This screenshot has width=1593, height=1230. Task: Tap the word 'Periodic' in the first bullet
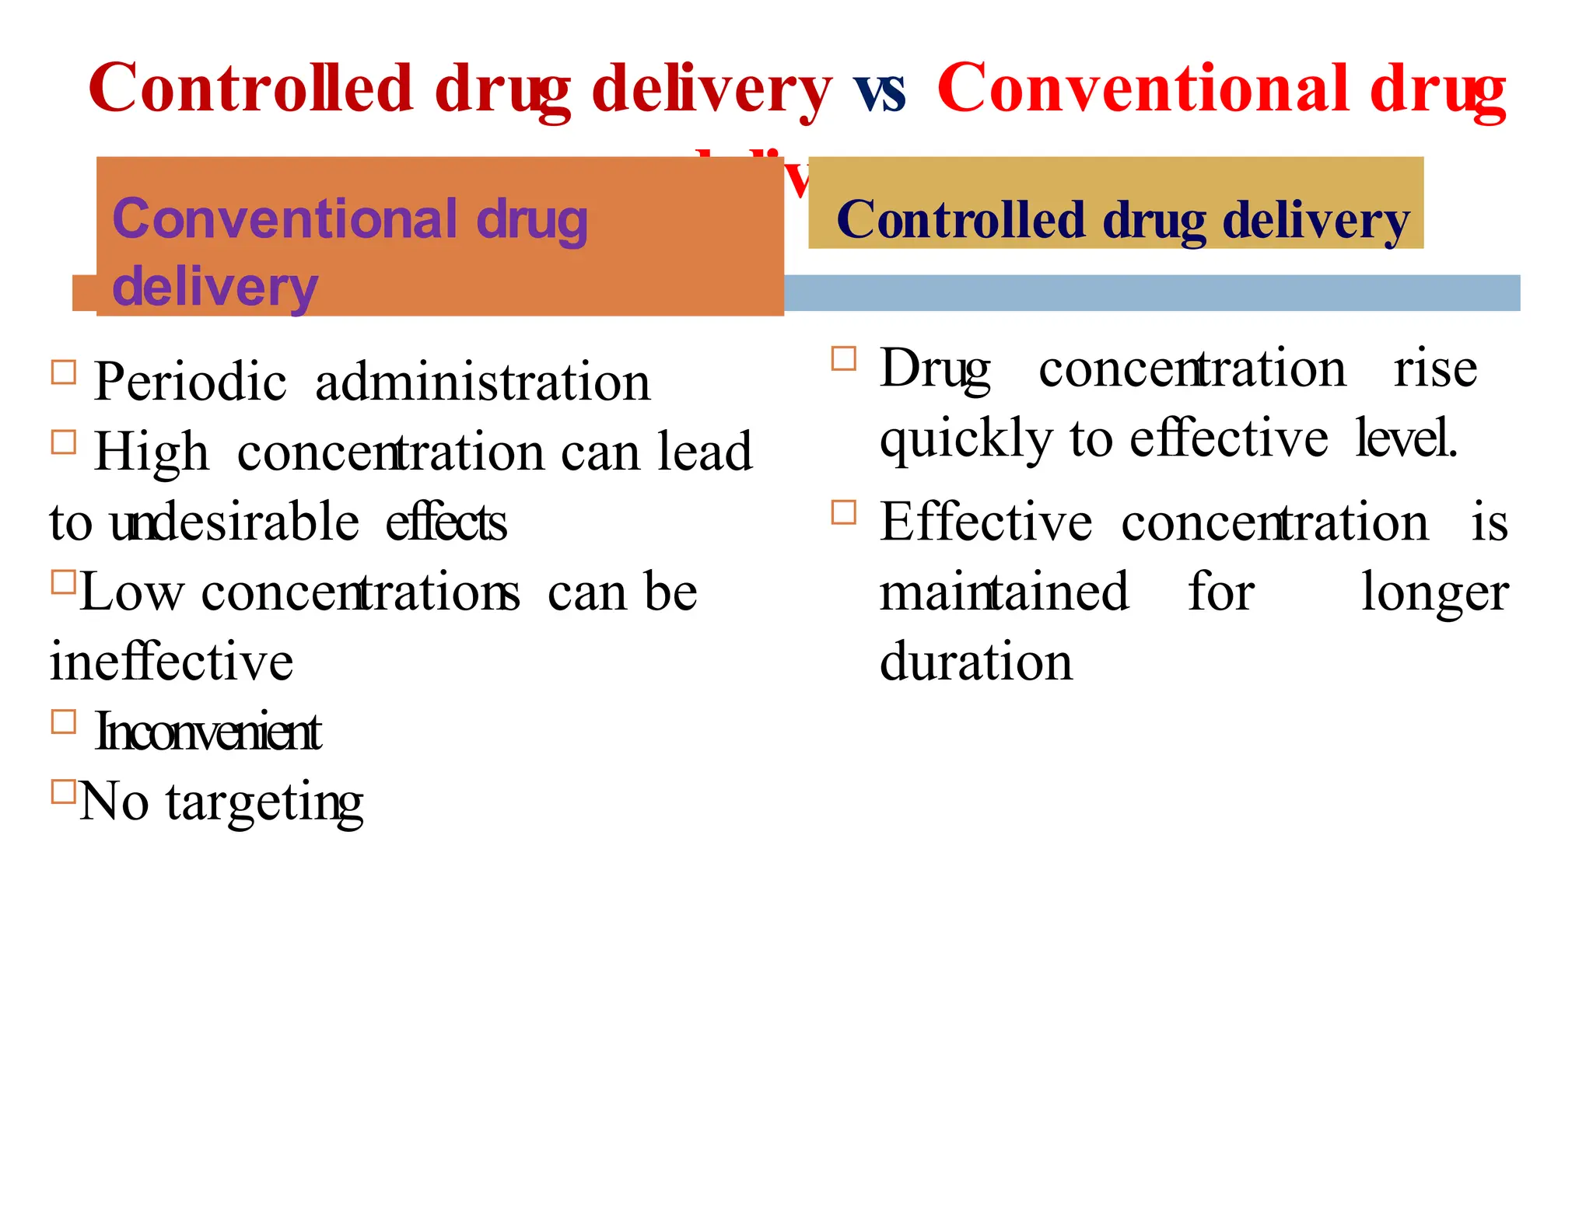point(190,383)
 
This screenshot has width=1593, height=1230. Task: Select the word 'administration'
point(482,383)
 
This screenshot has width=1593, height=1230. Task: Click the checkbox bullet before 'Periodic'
point(64,372)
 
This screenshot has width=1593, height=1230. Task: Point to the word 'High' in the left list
point(152,453)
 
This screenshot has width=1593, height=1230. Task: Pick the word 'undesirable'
point(234,522)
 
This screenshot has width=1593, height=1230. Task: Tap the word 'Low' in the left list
point(131,592)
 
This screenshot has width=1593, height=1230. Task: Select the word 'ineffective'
point(171,662)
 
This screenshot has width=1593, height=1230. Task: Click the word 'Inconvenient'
point(208,732)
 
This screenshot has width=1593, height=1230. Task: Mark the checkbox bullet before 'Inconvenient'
point(64,722)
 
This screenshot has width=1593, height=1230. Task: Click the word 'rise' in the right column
point(1435,369)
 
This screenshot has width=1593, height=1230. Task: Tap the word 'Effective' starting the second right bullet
point(986,522)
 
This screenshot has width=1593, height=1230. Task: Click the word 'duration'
point(975,662)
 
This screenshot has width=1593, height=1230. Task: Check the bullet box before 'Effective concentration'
point(844,512)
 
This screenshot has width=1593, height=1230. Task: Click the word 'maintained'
point(1003,592)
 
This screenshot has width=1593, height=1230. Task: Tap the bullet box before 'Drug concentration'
point(844,358)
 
